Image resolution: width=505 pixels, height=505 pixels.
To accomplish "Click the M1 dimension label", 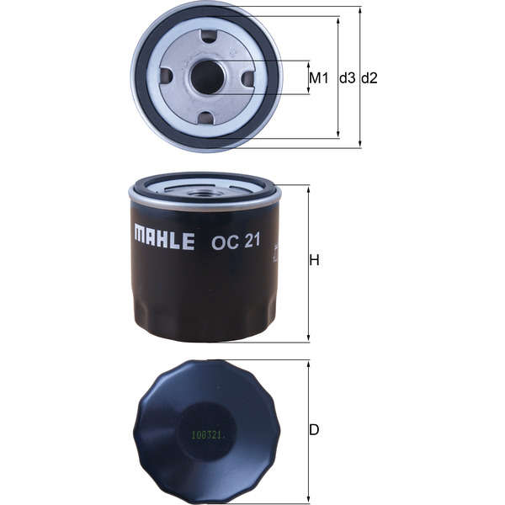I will tap(317, 78).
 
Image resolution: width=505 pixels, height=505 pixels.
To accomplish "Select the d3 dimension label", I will tap(347, 78).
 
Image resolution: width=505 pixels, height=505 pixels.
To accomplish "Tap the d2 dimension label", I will tap(369, 78).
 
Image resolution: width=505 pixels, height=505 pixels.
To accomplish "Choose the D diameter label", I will tap(314, 430).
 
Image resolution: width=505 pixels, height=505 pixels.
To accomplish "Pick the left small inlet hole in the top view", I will tap(166, 77).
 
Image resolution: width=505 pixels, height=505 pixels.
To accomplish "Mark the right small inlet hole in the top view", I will tap(247, 77).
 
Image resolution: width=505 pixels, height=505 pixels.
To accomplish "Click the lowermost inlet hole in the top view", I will tap(205, 117).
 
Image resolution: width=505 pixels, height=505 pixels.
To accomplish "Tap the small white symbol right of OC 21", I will tap(276, 249).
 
